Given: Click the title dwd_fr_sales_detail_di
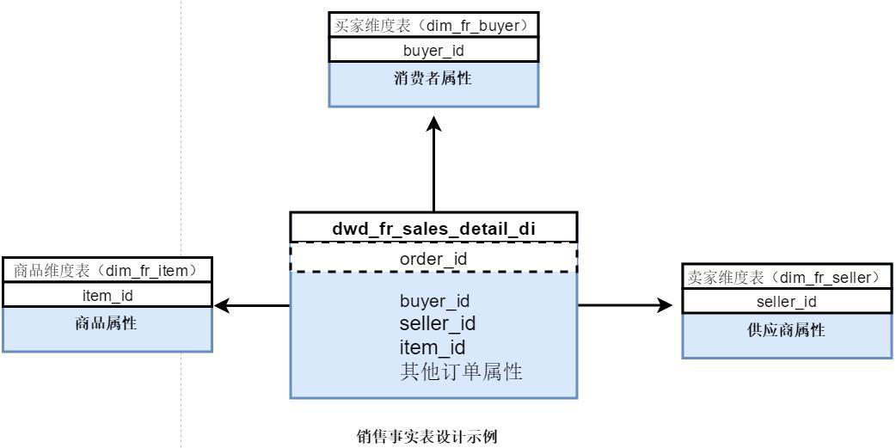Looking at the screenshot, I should point(433,229).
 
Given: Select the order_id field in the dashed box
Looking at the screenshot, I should point(433,258).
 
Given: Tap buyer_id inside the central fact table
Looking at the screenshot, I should point(434,301).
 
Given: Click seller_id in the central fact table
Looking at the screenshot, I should point(438,324).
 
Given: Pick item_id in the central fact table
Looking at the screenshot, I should point(433,347).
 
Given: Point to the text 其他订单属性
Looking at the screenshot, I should point(462,372).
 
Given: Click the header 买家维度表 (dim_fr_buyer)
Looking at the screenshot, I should point(434,26).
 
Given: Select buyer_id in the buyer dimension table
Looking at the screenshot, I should point(434,50).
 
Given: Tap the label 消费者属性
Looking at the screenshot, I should point(434,78).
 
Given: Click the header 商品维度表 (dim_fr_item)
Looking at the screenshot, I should point(107,271).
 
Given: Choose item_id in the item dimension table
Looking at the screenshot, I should point(107,296).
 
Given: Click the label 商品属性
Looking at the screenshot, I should point(107,324).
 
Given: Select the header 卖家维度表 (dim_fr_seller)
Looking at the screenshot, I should point(788,277).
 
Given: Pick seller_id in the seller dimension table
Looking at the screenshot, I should point(787,301).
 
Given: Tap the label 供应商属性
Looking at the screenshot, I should point(787,330).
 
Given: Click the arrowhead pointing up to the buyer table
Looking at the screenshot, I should point(434,124).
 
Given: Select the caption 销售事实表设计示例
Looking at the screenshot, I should point(427,436).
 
